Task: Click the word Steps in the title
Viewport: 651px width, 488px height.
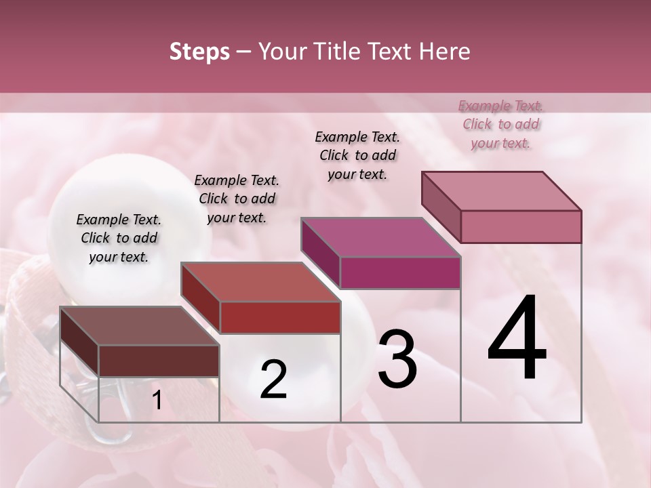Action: point(199,52)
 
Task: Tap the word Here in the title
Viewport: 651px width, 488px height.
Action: point(443,52)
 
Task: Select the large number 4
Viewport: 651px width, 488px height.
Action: point(517,339)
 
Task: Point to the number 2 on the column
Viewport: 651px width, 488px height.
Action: point(274,380)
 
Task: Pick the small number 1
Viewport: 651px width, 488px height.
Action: point(157,401)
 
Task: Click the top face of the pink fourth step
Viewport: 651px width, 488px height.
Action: point(501,190)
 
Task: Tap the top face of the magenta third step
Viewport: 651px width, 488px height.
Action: point(380,237)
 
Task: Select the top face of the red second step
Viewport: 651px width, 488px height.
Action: point(260,282)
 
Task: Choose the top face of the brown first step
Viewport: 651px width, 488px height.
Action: point(139,326)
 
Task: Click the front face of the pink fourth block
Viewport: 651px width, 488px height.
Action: point(521,226)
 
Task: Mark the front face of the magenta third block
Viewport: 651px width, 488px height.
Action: point(400,272)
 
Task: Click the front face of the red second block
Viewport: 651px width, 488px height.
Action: point(279,317)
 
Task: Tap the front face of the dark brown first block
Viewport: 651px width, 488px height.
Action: point(159,361)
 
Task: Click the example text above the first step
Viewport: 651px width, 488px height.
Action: point(119,238)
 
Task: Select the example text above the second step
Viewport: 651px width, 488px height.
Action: point(237,199)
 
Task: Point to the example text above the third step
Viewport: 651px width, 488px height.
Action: point(357,155)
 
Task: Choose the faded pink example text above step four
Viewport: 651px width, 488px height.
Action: point(500,124)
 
